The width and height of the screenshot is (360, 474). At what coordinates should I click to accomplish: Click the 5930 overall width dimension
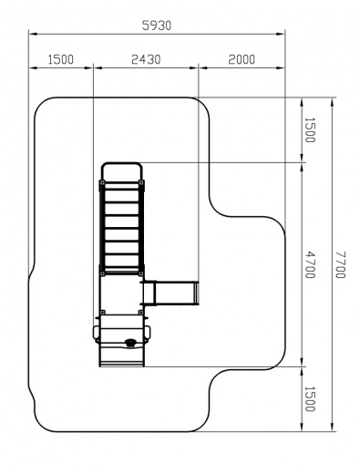click(x=157, y=26)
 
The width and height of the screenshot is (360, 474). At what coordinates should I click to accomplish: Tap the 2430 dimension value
click(x=146, y=59)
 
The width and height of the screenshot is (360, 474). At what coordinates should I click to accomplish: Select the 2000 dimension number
click(x=242, y=59)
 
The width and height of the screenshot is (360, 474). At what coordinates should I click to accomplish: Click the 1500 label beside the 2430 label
click(x=61, y=59)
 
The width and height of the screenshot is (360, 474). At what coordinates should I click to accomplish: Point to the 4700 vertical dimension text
click(x=310, y=264)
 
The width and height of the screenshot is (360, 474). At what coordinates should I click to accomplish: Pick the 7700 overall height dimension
click(x=341, y=264)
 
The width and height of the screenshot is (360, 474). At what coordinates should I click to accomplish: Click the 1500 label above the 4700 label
click(x=310, y=130)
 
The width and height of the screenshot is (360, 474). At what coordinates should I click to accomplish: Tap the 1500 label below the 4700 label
click(x=310, y=399)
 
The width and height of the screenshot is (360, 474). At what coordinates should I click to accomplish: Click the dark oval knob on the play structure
click(x=130, y=343)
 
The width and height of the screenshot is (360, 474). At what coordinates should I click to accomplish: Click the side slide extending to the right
click(x=170, y=294)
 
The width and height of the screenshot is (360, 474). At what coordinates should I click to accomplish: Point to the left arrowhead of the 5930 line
click(x=33, y=34)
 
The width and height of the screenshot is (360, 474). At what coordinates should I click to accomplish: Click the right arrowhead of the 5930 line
click(x=281, y=34)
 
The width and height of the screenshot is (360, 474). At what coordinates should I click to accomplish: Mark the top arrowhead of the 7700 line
click(x=332, y=102)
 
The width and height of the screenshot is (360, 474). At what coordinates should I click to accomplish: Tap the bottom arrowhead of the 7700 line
click(x=332, y=427)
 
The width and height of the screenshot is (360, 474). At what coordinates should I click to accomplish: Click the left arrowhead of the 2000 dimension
click(x=202, y=67)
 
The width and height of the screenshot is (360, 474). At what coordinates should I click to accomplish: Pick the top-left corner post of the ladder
click(x=102, y=182)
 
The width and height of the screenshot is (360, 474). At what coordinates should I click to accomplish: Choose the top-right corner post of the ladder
click(x=141, y=182)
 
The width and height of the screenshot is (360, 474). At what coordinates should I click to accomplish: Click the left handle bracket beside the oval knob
click(x=96, y=334)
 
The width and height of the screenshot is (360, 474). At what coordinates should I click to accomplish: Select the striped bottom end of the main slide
click(x=122, y=364)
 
